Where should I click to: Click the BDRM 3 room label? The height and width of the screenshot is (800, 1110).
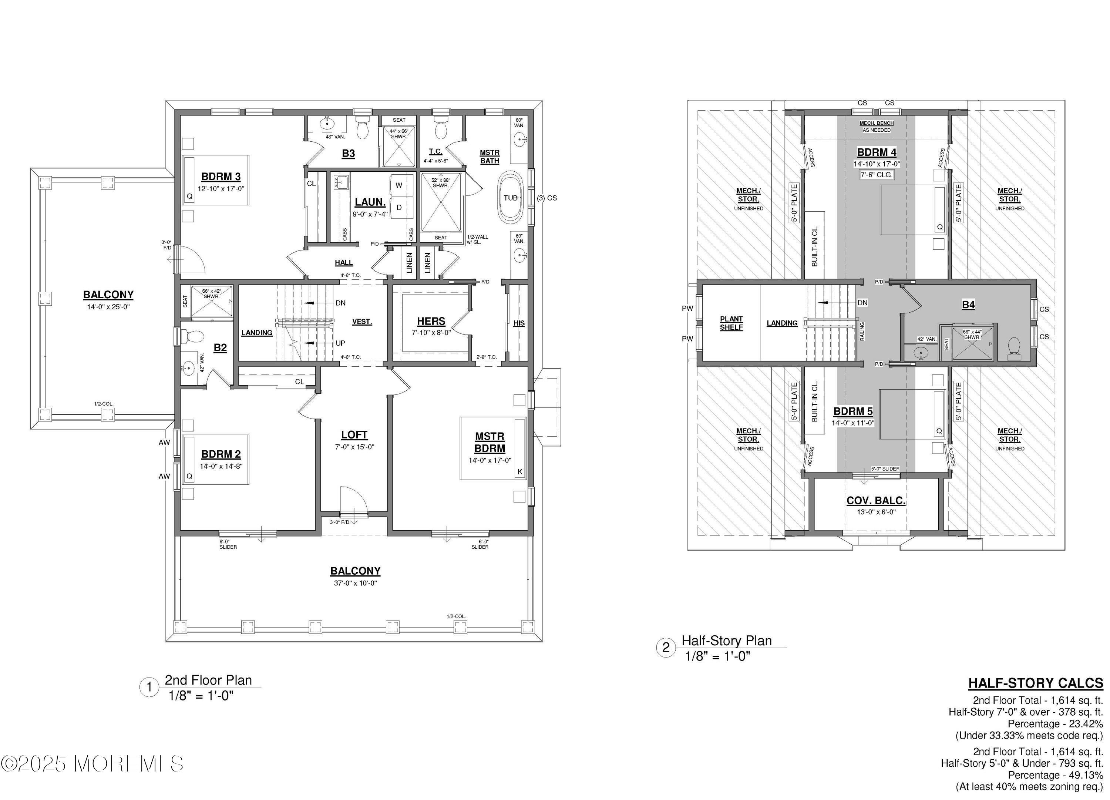[x=221, y=177]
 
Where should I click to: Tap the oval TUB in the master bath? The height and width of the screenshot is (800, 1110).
[x=511, y=198]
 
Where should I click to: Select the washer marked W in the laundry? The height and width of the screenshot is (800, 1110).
[x=399, y=185]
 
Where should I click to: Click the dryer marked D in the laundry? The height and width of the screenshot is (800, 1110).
[x=399, y=208]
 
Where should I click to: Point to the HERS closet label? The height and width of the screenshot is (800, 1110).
[x=431, y=321]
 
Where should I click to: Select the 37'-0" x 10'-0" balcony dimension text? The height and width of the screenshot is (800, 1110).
[x=355, y=583]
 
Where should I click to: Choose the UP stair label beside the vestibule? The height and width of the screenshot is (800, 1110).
[x=340, y=343]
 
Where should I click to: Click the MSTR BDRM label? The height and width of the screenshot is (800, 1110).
[x=490, y=442]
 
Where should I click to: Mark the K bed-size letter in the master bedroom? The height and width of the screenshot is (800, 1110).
[x=520, y=471]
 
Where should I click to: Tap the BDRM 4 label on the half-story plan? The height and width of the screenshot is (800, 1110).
[x=877, y=152]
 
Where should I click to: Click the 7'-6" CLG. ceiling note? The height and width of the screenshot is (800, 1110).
[x=877, y=175]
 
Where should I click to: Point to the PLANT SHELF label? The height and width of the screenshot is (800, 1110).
[x=731, y=323]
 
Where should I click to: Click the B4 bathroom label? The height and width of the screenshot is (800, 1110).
[x=968, y=305]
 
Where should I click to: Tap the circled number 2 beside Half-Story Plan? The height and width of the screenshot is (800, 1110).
[x=666, y=648]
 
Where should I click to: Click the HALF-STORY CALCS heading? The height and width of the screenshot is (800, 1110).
[x=1036, y=683]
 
